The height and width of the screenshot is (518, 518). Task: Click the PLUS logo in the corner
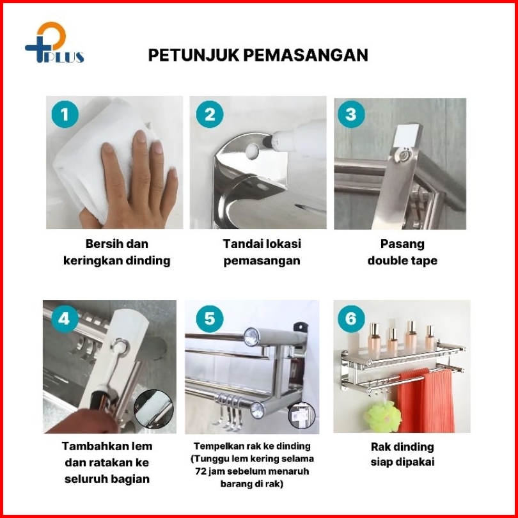tap(54, 42)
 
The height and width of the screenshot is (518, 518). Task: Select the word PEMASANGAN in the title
tap(306, 55)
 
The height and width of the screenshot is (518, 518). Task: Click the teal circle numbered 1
tap(65, 114)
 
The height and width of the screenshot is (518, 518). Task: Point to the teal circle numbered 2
tap(210, 114)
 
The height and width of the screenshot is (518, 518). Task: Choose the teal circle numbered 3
tap(351, 114)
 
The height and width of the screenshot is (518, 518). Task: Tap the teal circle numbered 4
tap(64, 319)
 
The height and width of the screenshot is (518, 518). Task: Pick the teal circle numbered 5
tap(210, 319)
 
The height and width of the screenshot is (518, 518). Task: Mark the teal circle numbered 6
tap(351, 319)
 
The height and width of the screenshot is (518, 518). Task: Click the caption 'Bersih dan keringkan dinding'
tap(117, 253)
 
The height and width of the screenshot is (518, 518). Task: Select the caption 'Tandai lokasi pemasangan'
tap(262, 253)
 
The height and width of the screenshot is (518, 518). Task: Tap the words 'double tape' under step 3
tap(402, 261)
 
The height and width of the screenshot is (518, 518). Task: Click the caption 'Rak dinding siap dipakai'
tap(402, 454)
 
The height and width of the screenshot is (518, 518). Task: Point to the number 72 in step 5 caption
tap(201, 471)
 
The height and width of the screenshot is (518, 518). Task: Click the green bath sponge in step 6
tap(382, 416)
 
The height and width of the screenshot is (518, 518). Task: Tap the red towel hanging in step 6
tap(426, 400)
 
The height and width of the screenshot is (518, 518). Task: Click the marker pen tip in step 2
tap(267, 141)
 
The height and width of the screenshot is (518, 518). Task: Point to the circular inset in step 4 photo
tap(153, 409)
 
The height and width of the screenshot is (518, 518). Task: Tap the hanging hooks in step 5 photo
tap(228, 412)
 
